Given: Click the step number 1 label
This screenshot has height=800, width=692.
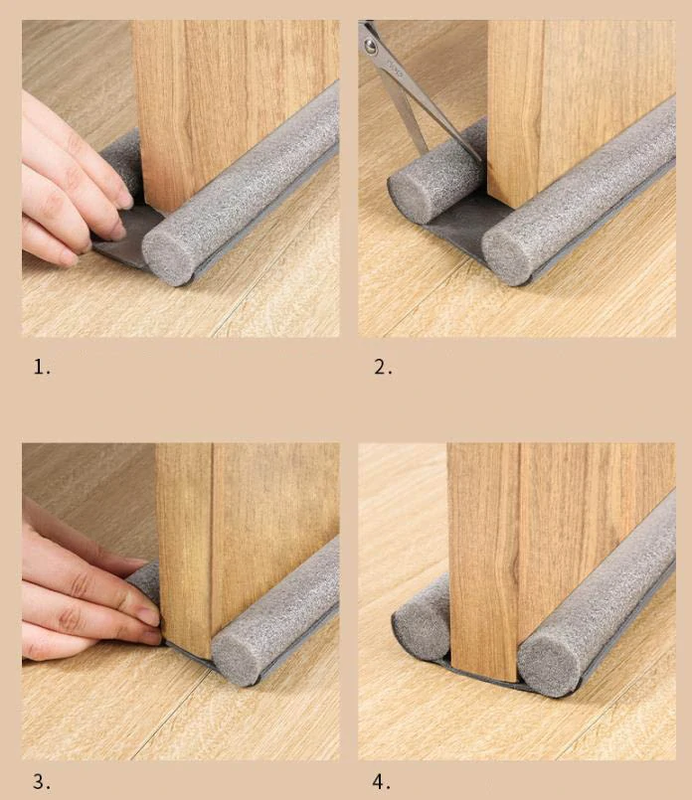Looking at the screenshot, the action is tap(42, 367).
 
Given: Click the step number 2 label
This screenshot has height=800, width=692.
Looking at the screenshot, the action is tap(383, 367).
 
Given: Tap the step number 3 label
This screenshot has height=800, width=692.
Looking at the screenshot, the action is tap(42, 781).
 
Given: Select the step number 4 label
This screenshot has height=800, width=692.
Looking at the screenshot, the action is tap(382, 781).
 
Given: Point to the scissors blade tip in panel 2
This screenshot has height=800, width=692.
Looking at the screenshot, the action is tap(480, 161).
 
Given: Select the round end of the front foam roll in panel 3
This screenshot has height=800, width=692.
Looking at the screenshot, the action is tap(238, 657).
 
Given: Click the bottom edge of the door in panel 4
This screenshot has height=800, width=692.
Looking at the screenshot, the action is tap(485, 675).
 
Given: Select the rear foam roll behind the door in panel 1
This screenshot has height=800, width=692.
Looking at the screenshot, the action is tap(123, 163).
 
